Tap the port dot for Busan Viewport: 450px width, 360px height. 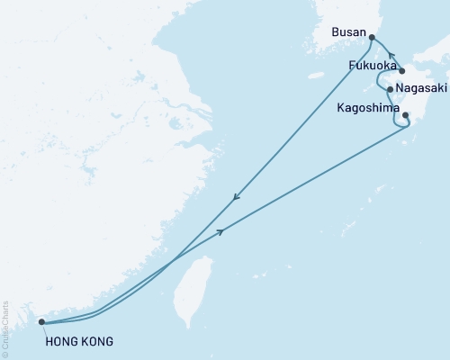pyautogui.click(x=372, y=37)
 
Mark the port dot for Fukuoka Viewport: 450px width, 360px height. pyautogui.click(x=401, y=71)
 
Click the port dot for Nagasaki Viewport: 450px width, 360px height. pyautogui.click(x=389, y=89)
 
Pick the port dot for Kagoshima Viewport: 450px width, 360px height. pyautogui.click(x=405, y=115)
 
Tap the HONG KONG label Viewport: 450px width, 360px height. pyautogui.click(x=78, y=341)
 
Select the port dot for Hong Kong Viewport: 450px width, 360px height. pyautogui.click(x=41, y=321)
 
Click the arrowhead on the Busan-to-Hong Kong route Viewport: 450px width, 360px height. pyautogui.click(x=236, y=198)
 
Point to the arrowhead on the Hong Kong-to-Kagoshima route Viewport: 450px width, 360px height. pyautogui.click(x=220, y=231)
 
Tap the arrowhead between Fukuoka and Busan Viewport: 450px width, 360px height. pyautogui.click(x=391, y=56)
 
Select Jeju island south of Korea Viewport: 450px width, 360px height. pyautogui.click(x=315, y=76)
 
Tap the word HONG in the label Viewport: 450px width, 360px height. pyautogui.click(x=59, y=341)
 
